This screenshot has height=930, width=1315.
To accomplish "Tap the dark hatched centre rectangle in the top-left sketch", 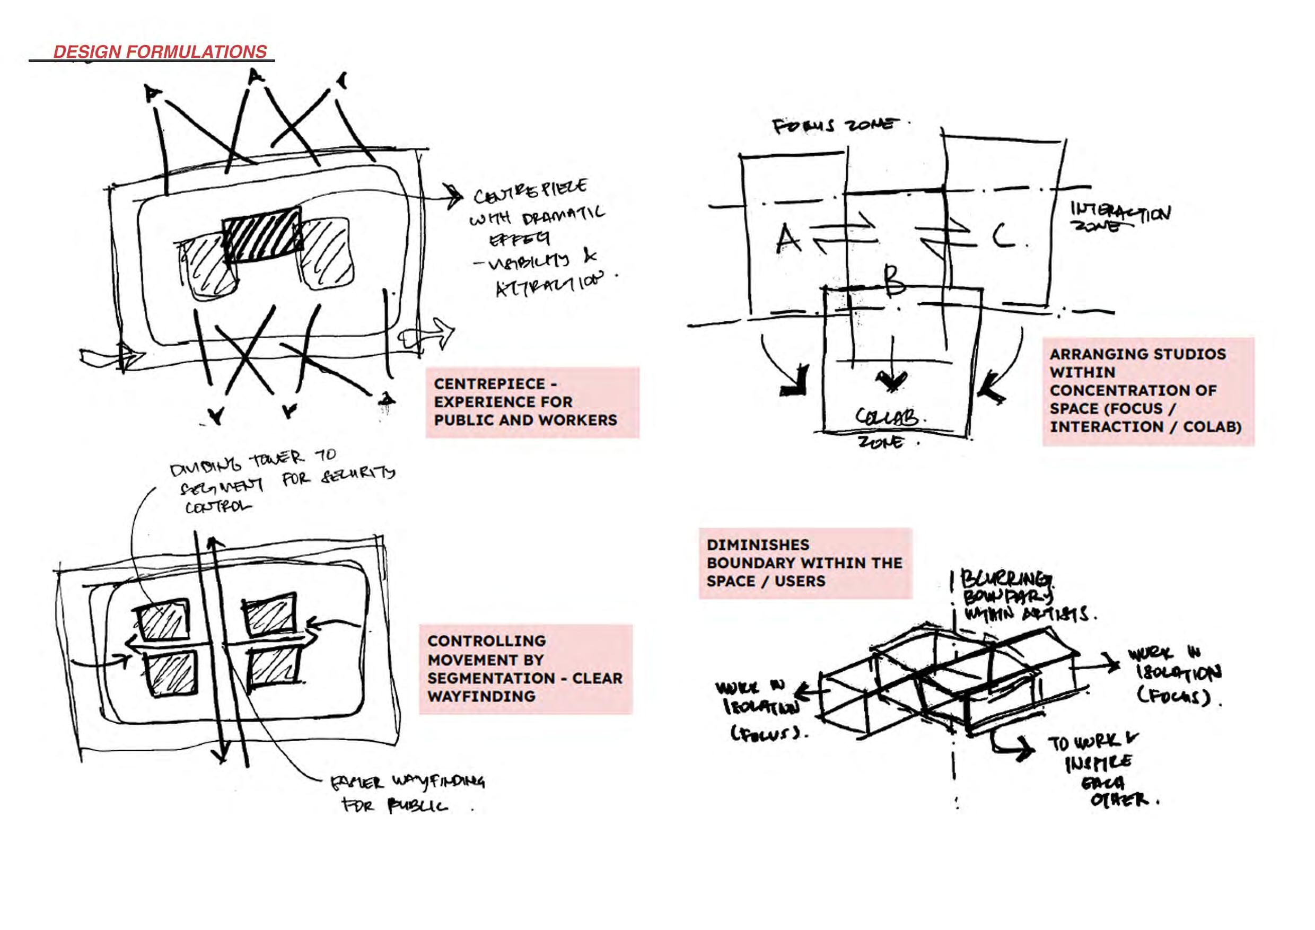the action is [x=262, y=235].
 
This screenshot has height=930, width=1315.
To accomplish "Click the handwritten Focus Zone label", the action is [x=834, y=126].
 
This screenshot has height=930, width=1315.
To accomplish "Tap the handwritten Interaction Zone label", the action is [x=1120, y=217].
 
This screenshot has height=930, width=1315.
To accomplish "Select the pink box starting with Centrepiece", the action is [x=531, y=402].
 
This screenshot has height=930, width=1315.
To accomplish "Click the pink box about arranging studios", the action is [x=1147, y=391].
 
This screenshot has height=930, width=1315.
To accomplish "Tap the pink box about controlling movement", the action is [x=525, y=669].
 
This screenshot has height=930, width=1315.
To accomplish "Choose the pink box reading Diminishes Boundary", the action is [x=804, y=563].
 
